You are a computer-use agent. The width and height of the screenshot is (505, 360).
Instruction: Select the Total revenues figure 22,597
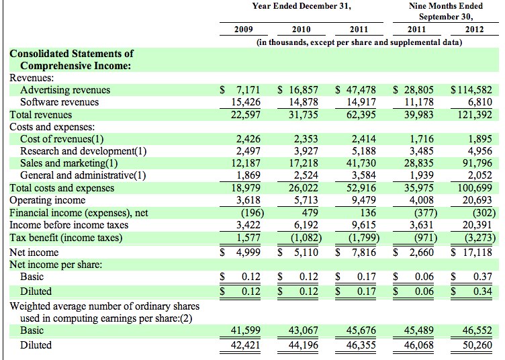pos(245,115)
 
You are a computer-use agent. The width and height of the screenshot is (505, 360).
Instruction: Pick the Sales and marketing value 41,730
pos(361,163)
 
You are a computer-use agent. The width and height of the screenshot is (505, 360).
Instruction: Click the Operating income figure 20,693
pos(477,200)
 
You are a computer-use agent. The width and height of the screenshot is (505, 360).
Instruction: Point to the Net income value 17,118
pos(477,252)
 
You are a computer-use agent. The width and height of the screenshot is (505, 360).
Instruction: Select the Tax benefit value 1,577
pos(248,238)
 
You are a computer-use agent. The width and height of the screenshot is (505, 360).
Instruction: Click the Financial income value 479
pos(310,213)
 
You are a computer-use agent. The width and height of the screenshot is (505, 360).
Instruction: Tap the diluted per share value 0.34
pos(482,291)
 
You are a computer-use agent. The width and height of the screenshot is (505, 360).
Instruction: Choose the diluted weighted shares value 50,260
pos(477,345)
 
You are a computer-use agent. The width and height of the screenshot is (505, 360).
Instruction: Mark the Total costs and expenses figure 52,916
pos(361,188)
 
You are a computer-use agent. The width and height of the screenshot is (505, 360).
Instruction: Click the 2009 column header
pos(244,30)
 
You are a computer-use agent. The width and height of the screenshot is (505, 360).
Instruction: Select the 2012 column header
pos(474,30)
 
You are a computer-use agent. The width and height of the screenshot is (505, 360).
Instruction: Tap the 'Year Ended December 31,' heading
pos(302,6)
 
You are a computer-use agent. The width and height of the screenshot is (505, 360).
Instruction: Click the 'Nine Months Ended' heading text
pos(446,6)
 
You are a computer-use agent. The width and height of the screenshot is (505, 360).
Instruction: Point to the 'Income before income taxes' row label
pos(69,225)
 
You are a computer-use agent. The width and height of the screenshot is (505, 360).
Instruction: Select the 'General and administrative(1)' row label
pos(83,175)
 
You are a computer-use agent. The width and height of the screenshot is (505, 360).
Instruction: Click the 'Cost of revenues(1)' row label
pos(62,139)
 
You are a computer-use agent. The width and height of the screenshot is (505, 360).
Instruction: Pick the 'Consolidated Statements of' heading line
pos(71,54)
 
